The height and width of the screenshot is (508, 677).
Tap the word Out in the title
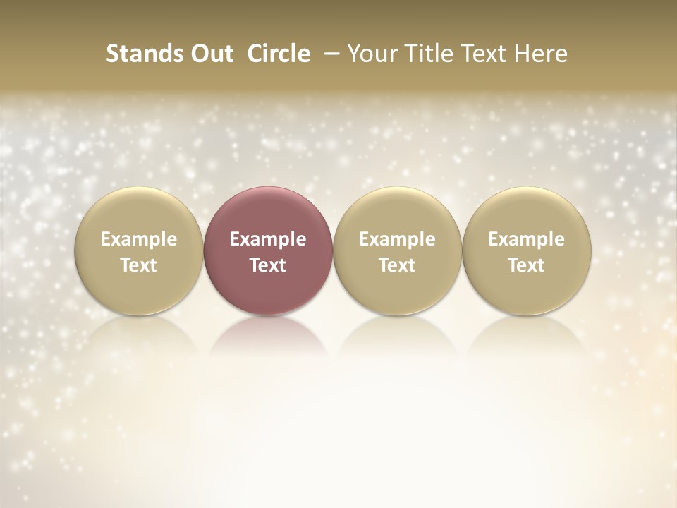209,54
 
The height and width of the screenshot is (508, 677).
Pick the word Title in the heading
427,54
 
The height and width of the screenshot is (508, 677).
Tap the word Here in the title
540,54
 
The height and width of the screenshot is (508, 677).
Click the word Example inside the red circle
268,239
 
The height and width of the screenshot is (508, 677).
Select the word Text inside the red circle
268,265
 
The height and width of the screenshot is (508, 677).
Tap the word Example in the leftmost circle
139,239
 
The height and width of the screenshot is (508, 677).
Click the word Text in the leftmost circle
139,265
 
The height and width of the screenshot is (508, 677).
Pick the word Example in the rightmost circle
527,239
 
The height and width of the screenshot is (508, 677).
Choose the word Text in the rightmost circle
527,265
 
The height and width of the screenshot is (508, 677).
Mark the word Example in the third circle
397,239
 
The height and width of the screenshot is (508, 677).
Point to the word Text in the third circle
397,265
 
